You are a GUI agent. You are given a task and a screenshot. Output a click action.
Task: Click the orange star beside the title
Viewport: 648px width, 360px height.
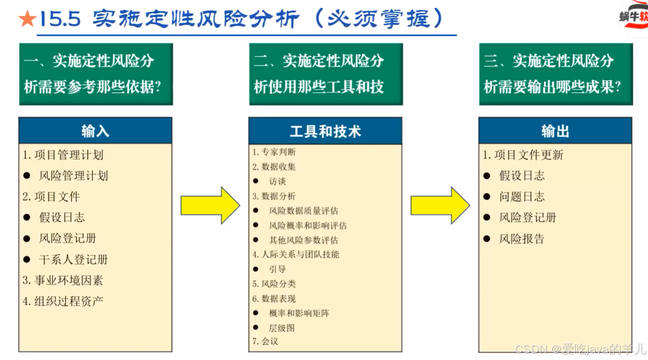(x=27, y=19)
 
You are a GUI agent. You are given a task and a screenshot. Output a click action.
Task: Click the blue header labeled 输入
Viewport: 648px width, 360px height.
(x=95, y=131)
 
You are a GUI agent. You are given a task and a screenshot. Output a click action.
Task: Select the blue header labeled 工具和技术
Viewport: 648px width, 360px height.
(x=325, y=131)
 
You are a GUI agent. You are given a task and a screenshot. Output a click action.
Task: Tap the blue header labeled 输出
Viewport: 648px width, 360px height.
(x=555, y=131)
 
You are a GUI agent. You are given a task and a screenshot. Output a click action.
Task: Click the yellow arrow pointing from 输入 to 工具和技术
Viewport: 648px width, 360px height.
(x=210, y=205)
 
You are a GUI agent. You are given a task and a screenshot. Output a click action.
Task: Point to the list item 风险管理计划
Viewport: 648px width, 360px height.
(x=73, y=176)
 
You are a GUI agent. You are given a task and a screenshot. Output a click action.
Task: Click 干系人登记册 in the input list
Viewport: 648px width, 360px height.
(x=73, y=259)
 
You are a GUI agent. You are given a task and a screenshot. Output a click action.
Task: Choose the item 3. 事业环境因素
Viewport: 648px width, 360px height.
(x=63, y=280)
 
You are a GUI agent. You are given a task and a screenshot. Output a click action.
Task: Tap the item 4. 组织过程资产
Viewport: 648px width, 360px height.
(x=63, y=301)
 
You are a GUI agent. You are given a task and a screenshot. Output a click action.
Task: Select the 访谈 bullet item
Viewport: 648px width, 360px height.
(x=277, y=181)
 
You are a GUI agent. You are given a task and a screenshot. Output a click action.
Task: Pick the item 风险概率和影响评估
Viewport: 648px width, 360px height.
(x=308, y=225)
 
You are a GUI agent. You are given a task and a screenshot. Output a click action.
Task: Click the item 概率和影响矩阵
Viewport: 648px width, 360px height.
(x=299, y=313)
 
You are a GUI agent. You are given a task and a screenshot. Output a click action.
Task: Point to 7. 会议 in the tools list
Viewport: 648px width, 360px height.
(x=265, y=341)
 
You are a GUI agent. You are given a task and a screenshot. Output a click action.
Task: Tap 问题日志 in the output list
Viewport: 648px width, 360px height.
(x=522, y=196)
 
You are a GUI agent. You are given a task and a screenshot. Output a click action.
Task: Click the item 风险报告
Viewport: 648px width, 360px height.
(x=522, y=239)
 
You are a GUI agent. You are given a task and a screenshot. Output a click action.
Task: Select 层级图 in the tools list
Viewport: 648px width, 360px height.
(x=282, y=328)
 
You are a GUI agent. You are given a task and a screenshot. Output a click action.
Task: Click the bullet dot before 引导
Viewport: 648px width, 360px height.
(x=256, y=269)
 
